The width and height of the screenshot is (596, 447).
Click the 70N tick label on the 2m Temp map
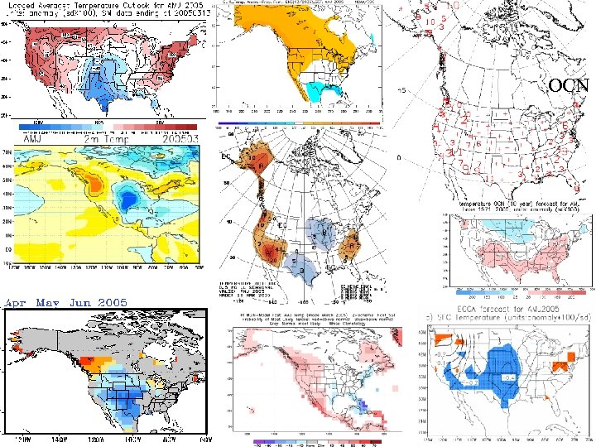11,152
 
